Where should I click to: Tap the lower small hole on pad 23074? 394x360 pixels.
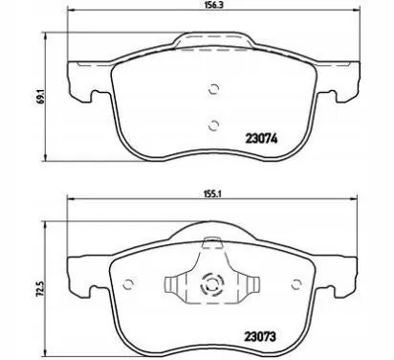coord(213,124)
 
